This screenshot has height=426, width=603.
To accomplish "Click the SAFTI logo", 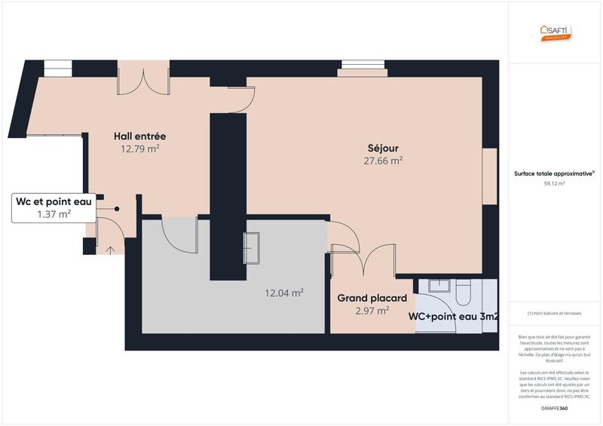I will pyautogui.click(x=555, y=31).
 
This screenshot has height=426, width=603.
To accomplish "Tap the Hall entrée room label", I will pyautogui.click(x=139, y=136).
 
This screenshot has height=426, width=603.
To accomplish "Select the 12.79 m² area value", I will pyautogui.click(x=139, y=149).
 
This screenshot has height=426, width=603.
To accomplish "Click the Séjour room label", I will pyautogui.click(x=383, y=148).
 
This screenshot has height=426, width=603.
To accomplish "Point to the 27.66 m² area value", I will pyautogui.click(x=383, y=161).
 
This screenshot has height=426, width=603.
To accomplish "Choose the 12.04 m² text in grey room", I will pyautogui.click(x=284, y=293).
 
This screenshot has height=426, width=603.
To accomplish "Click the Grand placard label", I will pyautogui.click(x=372, y=298).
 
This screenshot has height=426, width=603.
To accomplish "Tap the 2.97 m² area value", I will pyautogui.click(x=372, y=310).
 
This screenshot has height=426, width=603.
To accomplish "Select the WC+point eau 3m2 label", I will pyautogui.click(x=453, y=317).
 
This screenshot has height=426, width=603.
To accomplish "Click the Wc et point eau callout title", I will pyautogui.click(x=54, y=201).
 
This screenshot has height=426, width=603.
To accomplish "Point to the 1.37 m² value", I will pyautogui.click(x=54, y=214).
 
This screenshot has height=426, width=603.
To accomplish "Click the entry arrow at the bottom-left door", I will pyautogui.click(x=111, y=250).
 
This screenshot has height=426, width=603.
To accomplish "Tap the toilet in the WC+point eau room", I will pyautogui.click(x=463, y=289).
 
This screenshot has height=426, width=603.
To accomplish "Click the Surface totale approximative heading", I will pyautogui.click(x=554, y=173).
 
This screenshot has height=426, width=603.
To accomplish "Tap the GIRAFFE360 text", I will pyautogui.click(x=554, y=408).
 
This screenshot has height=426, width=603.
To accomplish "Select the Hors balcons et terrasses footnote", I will pyautogui.click(x=554, y=313).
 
